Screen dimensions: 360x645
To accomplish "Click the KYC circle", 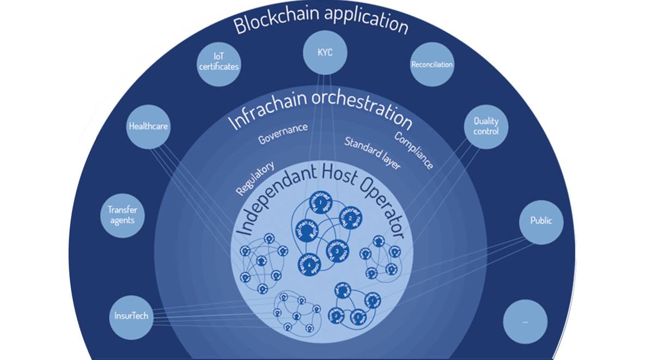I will [x=325, y=53].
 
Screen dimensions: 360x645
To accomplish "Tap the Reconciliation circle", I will [x=431, y=64].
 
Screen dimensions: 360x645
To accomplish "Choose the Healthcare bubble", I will [x=148, y=126].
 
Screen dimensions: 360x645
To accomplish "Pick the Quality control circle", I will [x=485, y=126].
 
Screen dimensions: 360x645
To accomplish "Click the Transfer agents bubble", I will [x=122, y=215].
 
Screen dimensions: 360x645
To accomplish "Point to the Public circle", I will [x=540, y=221].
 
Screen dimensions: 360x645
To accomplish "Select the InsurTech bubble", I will [x=131, y=316].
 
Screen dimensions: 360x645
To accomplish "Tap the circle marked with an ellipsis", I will [x=525, y=322].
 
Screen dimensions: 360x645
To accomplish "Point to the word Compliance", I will [x=413, y=150].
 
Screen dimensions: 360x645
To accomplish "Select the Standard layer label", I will [x=372, y=153].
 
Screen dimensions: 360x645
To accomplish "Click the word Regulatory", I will [x=254, y=178].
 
